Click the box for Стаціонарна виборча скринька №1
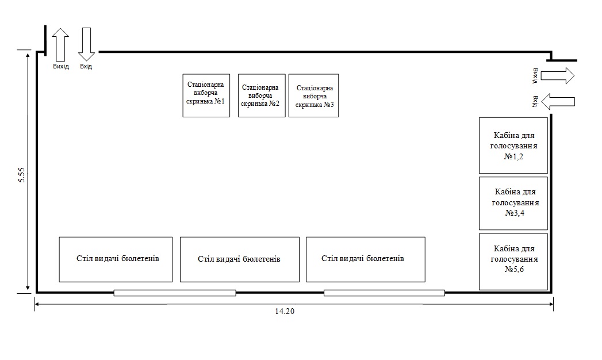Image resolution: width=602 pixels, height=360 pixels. [206, 95]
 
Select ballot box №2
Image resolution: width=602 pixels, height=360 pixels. [262, 95]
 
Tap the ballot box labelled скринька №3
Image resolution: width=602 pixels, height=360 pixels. [313, 95]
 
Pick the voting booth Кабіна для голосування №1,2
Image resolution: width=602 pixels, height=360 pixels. [513, 145]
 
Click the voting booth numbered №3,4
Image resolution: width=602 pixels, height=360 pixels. [513, 204]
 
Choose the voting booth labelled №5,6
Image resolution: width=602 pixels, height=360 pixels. [513, 261]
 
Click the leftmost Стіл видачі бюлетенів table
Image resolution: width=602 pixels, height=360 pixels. [116, 259]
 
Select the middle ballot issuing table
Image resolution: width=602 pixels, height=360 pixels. [239, 259]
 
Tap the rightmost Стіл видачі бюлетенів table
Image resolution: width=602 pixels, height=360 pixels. [365, 259]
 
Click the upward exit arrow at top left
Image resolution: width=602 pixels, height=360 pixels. [60, 44]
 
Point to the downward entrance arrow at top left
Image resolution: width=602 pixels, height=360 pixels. [86, 44]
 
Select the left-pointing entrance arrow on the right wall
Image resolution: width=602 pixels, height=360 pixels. [558, 102]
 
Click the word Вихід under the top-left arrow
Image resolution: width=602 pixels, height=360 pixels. [61, 67]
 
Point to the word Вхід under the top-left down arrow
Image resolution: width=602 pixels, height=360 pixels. [86, 67]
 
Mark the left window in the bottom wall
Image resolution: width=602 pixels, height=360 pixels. [175, 293]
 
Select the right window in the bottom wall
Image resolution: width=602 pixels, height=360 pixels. [384, 293]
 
